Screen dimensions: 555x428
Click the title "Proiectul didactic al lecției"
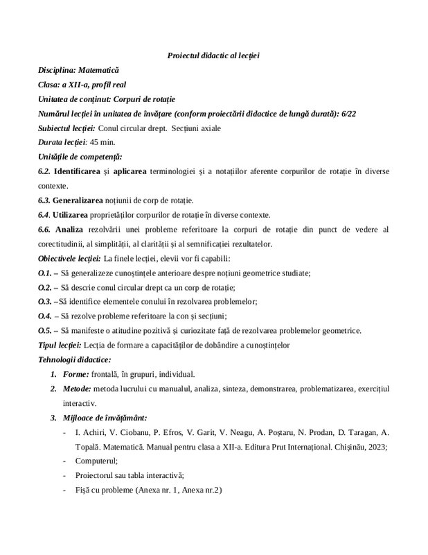(213, 55)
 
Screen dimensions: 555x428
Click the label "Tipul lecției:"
(59, 345)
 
